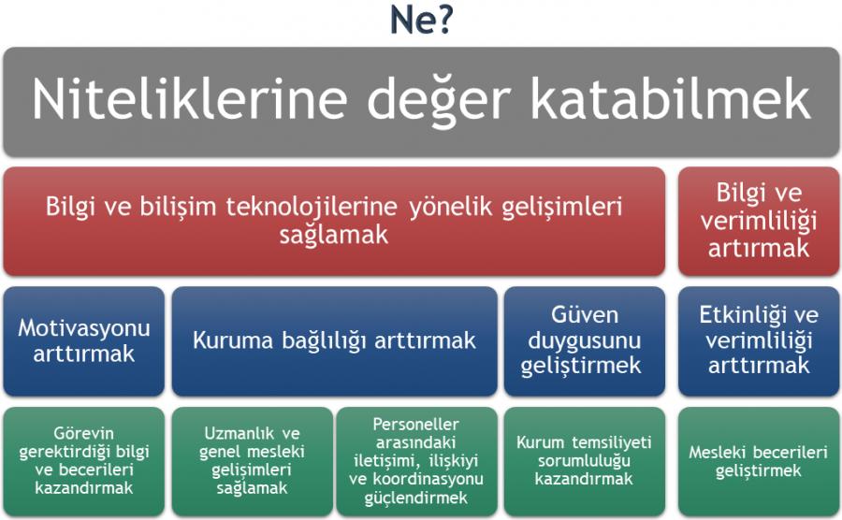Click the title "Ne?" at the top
(421, 20)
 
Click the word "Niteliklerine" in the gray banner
(189, 99)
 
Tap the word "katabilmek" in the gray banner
(670, 99)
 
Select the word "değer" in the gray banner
(438, 102)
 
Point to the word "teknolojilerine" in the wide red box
(312, 207)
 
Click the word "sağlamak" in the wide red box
(333, 235)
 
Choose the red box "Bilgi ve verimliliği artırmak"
(758, 221)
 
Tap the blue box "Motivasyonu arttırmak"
(84, 341)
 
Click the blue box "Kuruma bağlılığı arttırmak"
(335, 341)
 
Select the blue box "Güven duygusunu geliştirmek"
(584, 341)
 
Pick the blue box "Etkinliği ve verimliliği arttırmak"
(758, 341)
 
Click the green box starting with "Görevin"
(84, 461)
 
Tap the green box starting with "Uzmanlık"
(253, 461)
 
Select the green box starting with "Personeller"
(416, 461)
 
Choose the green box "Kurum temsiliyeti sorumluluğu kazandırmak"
(584, 461)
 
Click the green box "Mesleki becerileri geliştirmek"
(758, 461)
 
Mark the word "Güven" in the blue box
(584, 315)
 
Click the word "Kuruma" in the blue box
(233, 340)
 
